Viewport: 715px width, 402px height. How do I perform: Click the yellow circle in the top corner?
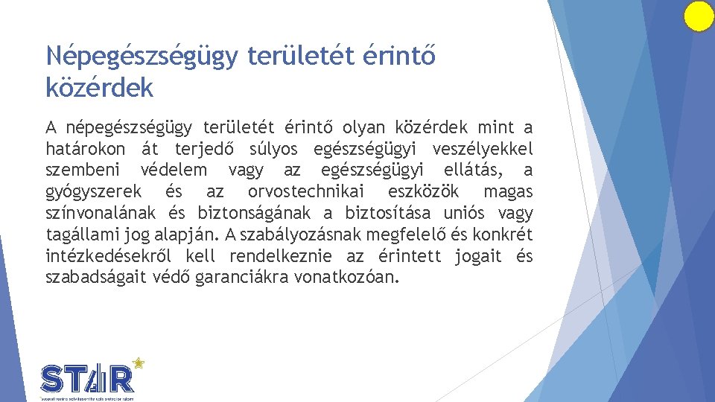coord(699,16)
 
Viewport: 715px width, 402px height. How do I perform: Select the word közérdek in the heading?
coord(99,87)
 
